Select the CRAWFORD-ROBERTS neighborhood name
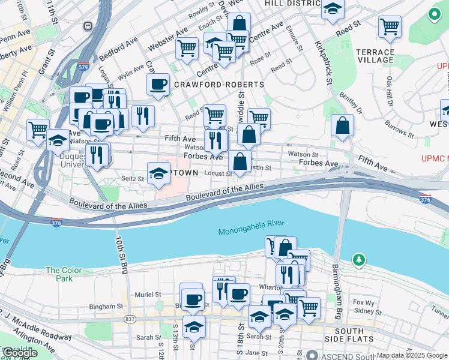(x=218, y=85)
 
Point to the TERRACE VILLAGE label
(x=375, y=56)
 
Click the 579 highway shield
(x=83, y=67)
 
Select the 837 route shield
(x=130, y=319)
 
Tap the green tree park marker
(x=359, y=260)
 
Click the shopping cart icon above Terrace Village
(x=390, y=27)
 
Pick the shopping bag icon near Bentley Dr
(x=342, y=125)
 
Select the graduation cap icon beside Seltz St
(x=158, y=174)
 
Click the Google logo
(x=20, y=353)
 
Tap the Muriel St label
(x=148, y=295)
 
